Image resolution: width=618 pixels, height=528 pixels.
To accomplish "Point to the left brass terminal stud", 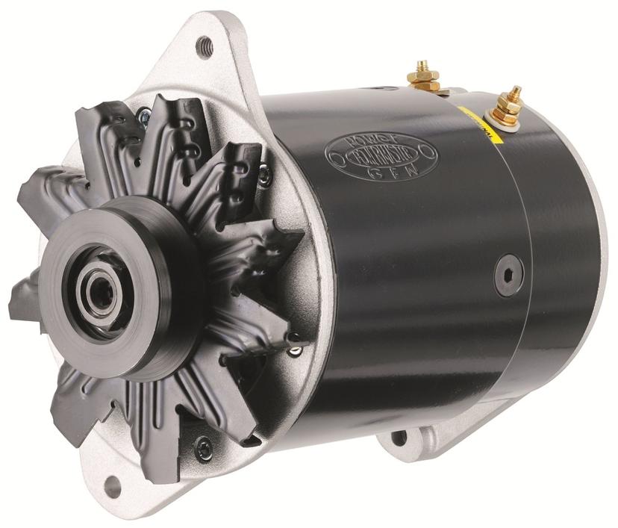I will point(423,75).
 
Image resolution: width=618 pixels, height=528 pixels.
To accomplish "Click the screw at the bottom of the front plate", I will point(204,447).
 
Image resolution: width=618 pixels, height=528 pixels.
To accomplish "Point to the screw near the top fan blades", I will point(143,116).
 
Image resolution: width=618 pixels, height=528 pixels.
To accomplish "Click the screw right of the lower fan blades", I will point(296,348).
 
